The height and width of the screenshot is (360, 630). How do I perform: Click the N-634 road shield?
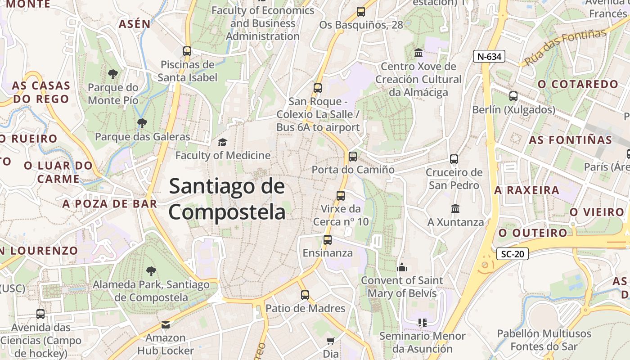(x=489, y=56)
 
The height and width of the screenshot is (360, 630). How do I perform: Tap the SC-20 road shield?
(x=513, y=254)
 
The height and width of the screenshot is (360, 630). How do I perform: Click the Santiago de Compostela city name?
(x=227, y=199)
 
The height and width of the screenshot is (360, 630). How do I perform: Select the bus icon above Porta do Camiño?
(x=353, y=157)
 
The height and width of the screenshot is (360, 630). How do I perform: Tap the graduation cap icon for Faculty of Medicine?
(x=222, y=143)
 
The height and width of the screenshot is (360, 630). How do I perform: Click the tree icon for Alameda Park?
(x=151, y=271)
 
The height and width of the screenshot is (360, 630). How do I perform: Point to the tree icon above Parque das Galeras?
(x=142, y=123)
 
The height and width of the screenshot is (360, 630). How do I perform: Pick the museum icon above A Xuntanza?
(x=455, y=209)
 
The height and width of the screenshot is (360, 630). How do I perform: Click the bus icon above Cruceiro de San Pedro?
(x=454, y=159)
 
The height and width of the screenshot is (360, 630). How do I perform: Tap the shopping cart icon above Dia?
(x=331, y=341)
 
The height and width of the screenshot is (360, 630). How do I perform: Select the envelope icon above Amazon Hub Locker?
(x=166, y=324)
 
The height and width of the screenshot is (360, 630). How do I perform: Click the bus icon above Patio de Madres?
(x=305, y=295)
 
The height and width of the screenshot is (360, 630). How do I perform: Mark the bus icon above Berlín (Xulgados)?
(x=513, y=96)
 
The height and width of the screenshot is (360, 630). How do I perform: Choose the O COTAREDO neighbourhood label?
(x=578, y=84)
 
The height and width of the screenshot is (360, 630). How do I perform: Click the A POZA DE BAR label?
(x=110, y=204)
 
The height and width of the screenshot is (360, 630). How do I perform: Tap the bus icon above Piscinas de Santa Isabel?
(x=187, y=51)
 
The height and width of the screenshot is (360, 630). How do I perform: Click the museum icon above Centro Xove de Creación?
(x=418, y=53)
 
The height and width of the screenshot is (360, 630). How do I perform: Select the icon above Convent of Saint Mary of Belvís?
(x=402, y=267)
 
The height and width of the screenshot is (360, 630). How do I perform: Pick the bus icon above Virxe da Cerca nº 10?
(x=341, y=196)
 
